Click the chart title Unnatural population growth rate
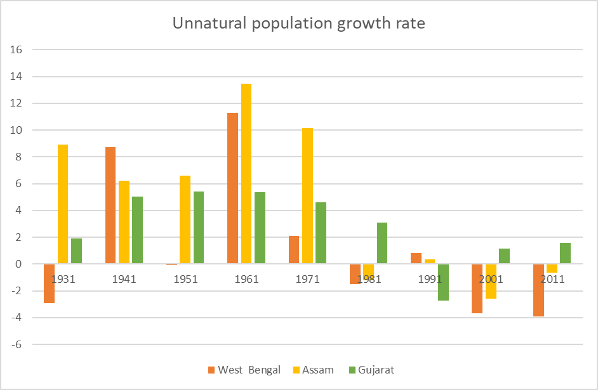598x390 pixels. coord(299,25)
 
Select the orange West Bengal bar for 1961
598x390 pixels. coord(232,188)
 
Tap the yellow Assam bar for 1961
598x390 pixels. coord(246,174)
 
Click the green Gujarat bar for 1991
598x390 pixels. coord(443,282)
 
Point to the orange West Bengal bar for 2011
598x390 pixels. coord(538,290)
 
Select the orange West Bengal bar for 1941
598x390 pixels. coord(110,205)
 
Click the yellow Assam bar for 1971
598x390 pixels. coord(307,196)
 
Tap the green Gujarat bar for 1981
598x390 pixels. coord(382,243)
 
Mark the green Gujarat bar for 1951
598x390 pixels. coord(199,228)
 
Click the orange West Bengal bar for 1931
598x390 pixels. coord(49,283)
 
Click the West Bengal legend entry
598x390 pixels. coord(244,370)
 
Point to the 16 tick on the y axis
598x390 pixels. coord(18,49)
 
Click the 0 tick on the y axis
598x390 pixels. coord(19,264)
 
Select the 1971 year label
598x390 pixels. coord(307,279)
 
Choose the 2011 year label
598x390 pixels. coord(552,279)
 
